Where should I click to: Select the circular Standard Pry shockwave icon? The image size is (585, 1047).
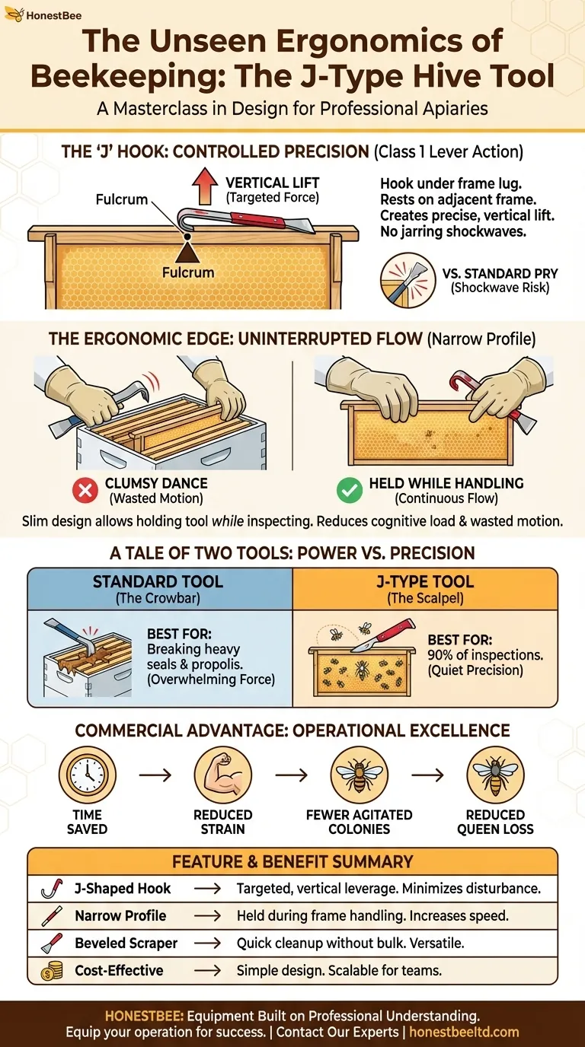pos(404,280)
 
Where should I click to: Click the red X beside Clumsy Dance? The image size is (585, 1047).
pos(85,491)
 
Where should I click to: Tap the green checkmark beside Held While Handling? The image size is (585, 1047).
pos(350,491)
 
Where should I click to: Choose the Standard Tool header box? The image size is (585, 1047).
pos(159,589)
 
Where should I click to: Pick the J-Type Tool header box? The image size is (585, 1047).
pos(424,589)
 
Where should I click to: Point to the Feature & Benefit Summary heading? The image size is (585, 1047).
pos(292,861)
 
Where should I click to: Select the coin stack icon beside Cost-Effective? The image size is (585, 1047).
pos(51,970)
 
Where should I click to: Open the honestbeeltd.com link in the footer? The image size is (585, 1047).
pos(464,1032)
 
